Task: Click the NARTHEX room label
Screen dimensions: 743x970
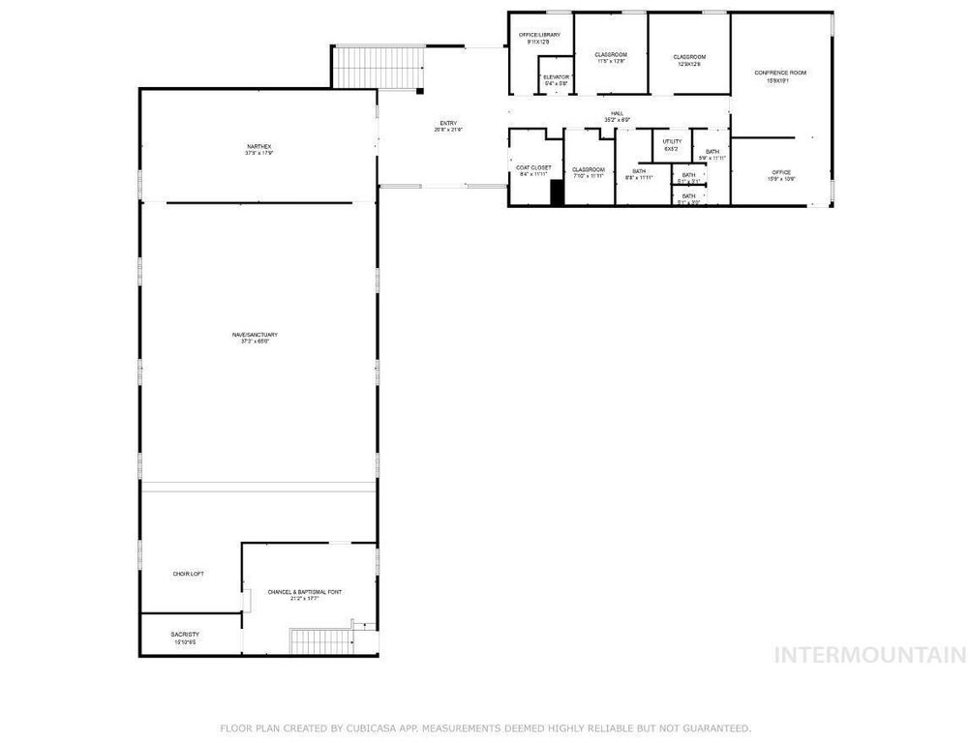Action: coord(258,146)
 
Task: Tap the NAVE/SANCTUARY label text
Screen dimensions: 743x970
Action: coord(258,335)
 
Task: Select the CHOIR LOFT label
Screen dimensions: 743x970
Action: coord(188,574)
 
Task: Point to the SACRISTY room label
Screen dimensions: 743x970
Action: coord(185,634)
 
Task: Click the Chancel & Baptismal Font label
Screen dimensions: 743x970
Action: coord(305,591)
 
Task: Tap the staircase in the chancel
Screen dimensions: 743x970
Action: coord(315,640)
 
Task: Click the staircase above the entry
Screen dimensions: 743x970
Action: coord(379,68)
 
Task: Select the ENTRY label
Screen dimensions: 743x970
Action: coord(447,123)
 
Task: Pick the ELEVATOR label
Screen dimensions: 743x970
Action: coord(556,76)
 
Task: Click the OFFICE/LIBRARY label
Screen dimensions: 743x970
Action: coord(539,35)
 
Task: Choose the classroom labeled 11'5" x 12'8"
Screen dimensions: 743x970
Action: coord(610,54)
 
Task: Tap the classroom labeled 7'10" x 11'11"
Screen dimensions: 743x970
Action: coord(588,169)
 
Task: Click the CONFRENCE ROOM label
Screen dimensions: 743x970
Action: coord(779,73)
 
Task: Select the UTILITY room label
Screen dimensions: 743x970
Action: coord(671,141)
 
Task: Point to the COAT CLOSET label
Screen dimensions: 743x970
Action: coord(533,167)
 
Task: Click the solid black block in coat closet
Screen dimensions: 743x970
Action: coord(557,193)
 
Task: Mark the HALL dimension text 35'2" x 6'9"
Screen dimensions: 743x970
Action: coord(617,120)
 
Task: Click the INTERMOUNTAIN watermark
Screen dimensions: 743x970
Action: coord(870,655)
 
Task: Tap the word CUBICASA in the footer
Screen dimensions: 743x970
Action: coord(367,728)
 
